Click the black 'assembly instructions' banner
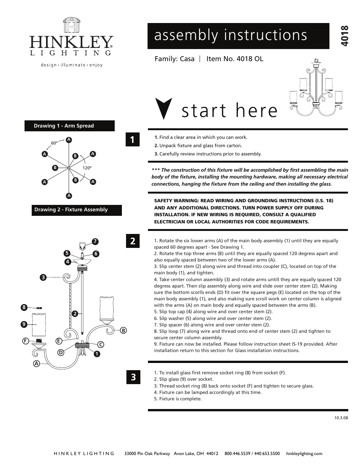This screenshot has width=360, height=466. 238,36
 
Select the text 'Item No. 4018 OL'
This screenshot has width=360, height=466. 235,59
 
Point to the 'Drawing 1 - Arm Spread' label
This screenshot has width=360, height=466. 69,126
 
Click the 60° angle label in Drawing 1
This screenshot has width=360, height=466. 54,143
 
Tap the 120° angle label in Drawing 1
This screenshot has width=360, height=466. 87,168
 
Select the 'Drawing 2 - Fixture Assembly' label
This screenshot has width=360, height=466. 76,210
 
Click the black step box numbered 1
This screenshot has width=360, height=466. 132,139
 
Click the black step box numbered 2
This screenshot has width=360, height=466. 132,241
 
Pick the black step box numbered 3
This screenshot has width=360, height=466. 133,377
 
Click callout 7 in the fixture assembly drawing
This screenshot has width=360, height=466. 95,241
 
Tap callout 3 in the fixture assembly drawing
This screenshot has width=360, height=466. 43,277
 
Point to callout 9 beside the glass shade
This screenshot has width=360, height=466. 24,324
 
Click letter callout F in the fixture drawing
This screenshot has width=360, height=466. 26,341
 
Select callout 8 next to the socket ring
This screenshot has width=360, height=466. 24,308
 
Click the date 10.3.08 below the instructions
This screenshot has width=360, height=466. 341,418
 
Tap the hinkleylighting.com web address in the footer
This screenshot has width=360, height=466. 304,454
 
